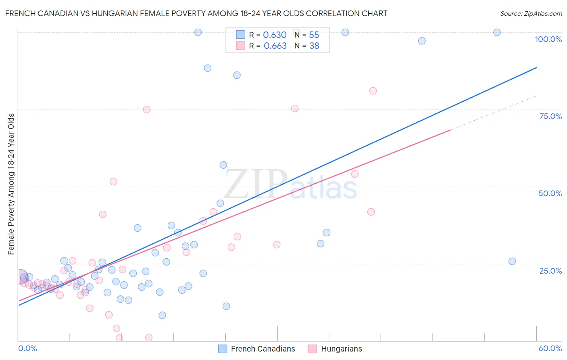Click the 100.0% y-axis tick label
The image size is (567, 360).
point(548,39)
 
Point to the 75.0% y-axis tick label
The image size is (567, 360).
point(550,116)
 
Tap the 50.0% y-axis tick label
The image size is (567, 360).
point(550,193)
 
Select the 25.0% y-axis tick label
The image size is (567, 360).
point(550,271)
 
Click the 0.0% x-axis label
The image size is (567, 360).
point(27,348)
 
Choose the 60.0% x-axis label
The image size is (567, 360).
point(550,348)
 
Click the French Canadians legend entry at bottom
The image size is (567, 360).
point(263,349)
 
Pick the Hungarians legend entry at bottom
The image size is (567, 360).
point(341,349)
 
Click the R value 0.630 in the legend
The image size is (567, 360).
point(275,35)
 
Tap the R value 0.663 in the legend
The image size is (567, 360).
point(275,46)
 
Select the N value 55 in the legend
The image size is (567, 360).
point(314,35)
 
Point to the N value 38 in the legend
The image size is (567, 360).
point(314,46)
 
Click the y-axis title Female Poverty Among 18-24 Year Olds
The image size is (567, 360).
point(11,184)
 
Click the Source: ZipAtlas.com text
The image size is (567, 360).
point(531,14)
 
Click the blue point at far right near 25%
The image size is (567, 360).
point(512,261)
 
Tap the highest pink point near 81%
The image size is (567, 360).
point(373,91)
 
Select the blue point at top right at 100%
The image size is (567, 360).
point(497,32)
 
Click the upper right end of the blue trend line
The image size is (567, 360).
point(536,68)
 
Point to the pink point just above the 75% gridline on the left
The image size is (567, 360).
point(147,109)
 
